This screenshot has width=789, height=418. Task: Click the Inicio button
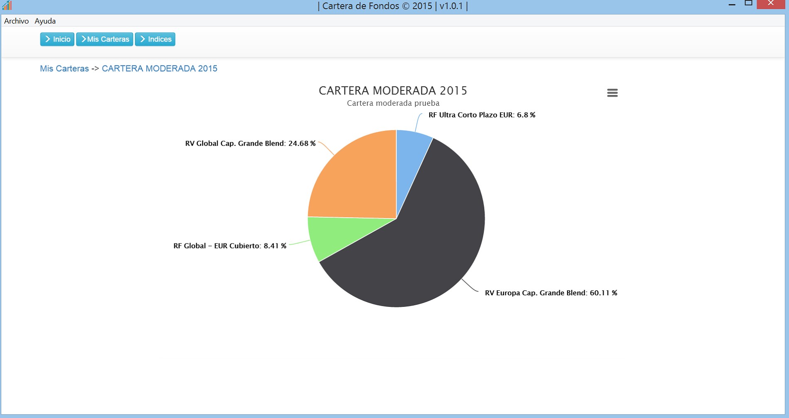pyautogui.click(x=57, y=39)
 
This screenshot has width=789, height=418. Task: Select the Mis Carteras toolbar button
pyautogui.click(x=105, y=39)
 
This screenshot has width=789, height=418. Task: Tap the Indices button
pyautogui.click(x=155, y=39)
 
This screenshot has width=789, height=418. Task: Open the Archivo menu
pyautogui.click(x=16, y=21)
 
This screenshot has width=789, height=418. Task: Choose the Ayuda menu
pyautogui.click(x=45, y=21)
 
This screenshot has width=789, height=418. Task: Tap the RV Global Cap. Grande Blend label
pyautogui.click(x=250, y=143)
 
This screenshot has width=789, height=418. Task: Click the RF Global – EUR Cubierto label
pyautogui.click(x=230, y=246)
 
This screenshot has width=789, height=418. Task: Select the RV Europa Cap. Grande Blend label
pyautogui.click(x=551, y=293)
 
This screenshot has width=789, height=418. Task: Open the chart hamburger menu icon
pyautogui.click(x=612, y=93)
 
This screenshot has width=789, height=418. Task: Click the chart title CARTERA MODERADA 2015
pyautogui.click(x=393, y=91)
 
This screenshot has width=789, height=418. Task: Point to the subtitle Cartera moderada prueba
pyautogui.click(x=393, y=103)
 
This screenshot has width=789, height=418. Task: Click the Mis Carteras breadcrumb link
pyautogui.click(x=64, y=69)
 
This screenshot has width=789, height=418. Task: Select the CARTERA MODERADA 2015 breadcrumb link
pyautogui.click(x=159, y=69)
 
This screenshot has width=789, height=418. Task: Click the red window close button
pyautogui.click(x=771, y=4)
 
